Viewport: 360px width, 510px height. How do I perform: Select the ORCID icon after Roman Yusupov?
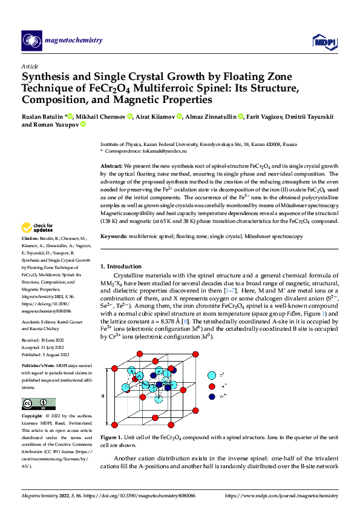(83, 125)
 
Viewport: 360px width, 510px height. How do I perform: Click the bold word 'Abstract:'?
(111, 166)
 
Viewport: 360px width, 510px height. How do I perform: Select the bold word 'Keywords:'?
(114, 236)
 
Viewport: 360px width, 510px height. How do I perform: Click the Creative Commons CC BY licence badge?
(38, 403)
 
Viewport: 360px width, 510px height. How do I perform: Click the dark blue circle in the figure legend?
(212, 396)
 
